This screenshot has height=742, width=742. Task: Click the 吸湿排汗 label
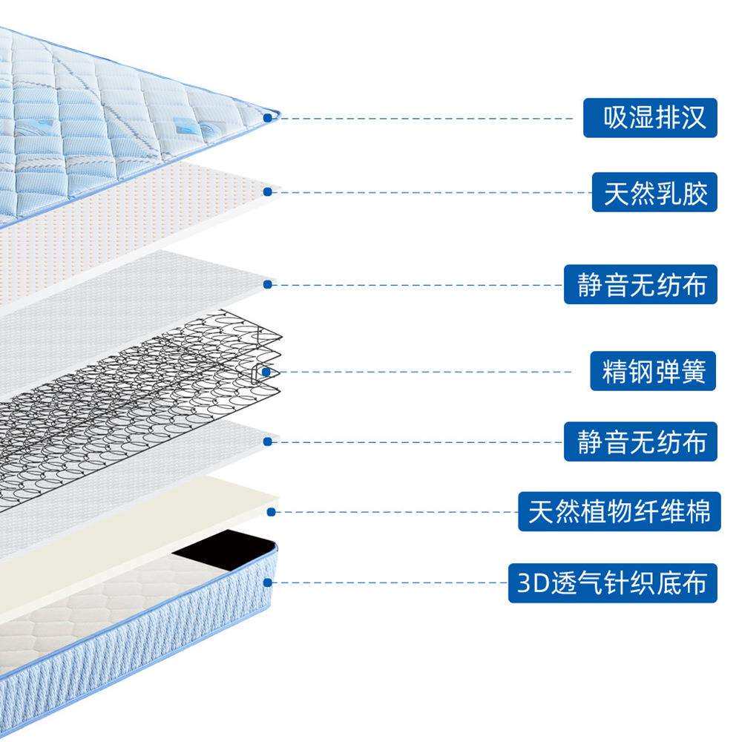click(650, 117)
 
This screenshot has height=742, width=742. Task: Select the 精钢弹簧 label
click(654, 370)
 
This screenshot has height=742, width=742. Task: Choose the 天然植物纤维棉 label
click(619, 510)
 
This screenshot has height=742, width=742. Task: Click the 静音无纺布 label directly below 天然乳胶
click(640, 284)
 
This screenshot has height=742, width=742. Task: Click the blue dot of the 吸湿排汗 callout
click(269, 117)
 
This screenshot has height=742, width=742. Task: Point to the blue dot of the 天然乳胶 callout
click(267, 191)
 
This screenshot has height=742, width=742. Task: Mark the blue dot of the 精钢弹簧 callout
click(267, 370)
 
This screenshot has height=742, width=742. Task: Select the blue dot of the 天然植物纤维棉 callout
click(272, 510)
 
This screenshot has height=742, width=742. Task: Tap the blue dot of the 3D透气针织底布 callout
click(268, 582)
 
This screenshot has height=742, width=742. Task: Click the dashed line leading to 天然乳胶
click(430, 192)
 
